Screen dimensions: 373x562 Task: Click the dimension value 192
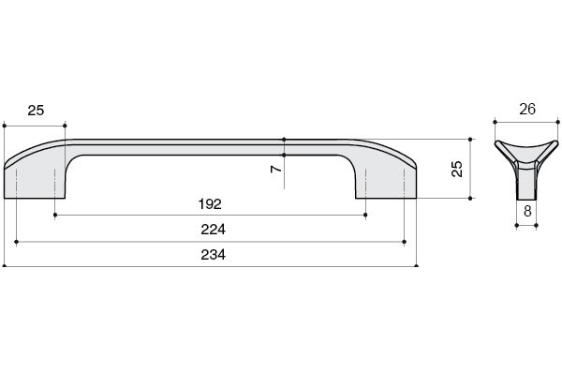tap(211, 203)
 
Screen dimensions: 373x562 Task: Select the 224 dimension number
tap(212, 229)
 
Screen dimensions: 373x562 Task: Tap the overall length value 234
tap(212, 254)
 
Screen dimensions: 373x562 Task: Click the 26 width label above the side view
tap(526, 110)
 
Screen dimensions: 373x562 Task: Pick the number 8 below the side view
tap(527, 212)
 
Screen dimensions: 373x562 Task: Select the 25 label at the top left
tap(36, 111)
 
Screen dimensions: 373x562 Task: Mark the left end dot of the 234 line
tap(5, 265)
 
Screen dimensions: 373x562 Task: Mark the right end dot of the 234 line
tap(418, 265)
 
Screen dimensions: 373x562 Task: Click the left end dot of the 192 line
tap(55, 215)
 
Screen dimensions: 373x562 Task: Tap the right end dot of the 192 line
tap(366, 215)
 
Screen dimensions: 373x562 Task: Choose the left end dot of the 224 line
tap(17, 241)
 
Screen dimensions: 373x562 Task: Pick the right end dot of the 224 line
tap(405, 241)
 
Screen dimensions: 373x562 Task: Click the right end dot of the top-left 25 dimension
tap(67, 124)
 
